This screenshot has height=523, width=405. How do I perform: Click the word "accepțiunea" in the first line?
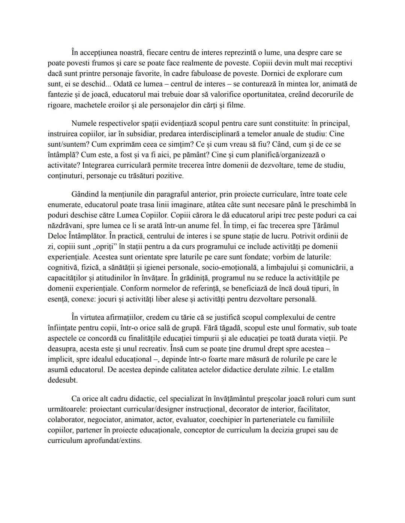[x=101, y=53]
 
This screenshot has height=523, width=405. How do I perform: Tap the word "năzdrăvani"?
[x=66, y=226]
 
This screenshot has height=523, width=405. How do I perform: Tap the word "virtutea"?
[x=95, y=317]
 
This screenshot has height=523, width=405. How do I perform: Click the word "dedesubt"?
[x=62, y=380]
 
